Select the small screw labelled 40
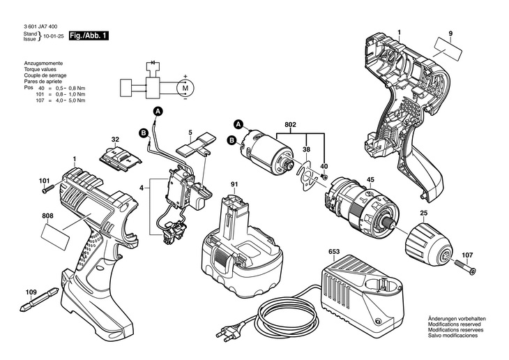click(x=324, y=177)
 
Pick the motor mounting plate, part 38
click(x=307, y=177)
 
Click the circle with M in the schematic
click(x=185, y=88)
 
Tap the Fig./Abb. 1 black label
click(x=89, y=36)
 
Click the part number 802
click(x=290, y=125)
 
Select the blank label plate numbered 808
click(x=56, y=237)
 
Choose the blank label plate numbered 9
click(x=448, y=50)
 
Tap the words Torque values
click(x=40, y=69)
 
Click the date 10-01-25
click(x=56, y=36)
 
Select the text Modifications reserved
click(x=455, y=324)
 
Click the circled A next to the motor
click(x=238, y=124)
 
